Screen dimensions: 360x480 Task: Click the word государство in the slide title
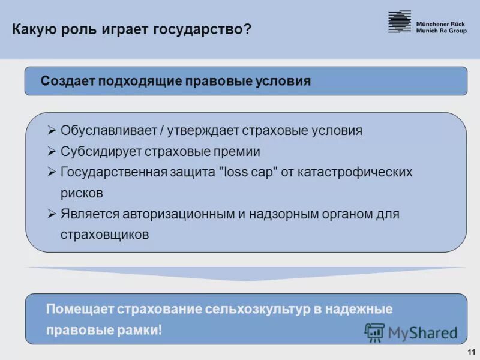(x=202, y=29)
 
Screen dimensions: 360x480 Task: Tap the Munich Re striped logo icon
(x=399, y=22)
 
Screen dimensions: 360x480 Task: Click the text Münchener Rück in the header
(x=440, y=23)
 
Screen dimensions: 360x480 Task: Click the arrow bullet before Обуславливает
(x=52, y=130)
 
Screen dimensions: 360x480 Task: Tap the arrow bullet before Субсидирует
(x=52, y=151)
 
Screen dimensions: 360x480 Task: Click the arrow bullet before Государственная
(x=52, y=172)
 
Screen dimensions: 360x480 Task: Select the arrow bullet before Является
(x=52, y=214)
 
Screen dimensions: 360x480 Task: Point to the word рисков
(x=82, y=193)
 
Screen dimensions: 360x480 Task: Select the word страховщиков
(x=104, y=235)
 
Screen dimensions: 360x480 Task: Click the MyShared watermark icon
(x=374, y=332)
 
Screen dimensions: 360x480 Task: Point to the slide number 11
(x=470, y=352)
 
